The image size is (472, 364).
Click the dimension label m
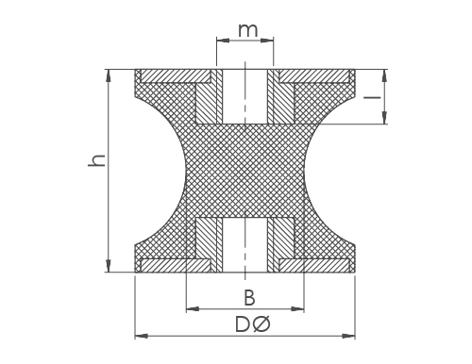click(x=248, y=30)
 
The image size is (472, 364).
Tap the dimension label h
click(x=96, y=160)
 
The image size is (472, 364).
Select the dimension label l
click(x=372, y=97)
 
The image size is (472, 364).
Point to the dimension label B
click(x=249, y=298)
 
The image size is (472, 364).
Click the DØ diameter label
click(x=253, y=324)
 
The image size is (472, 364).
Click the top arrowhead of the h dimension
click(x=109, y=74)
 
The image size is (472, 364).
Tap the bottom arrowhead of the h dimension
click(x=109, y=267)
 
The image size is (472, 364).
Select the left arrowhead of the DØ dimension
click(x=141, y=336)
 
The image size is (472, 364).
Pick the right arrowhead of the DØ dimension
click(x=349, y=336)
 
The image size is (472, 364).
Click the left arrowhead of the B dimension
click(x=193, y=309)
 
